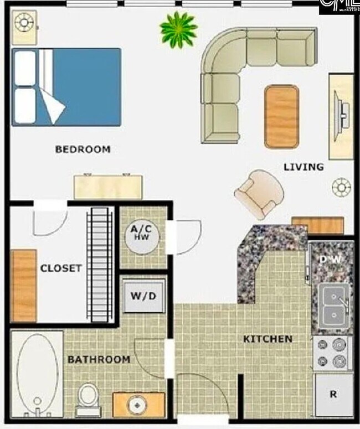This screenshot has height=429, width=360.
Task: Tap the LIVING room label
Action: [304, 167]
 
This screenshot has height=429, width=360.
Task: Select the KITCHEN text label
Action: [268, 339]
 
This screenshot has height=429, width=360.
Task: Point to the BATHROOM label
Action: [99, 359]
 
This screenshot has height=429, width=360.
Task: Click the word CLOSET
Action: [61, 268]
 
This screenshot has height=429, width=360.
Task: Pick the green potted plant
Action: [178, 29]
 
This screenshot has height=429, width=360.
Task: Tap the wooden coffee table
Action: [281, 116]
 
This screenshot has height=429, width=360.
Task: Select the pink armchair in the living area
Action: [259, 194]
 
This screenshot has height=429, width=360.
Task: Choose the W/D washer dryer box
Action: [143, 296]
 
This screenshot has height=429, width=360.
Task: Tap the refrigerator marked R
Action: [333, 395]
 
